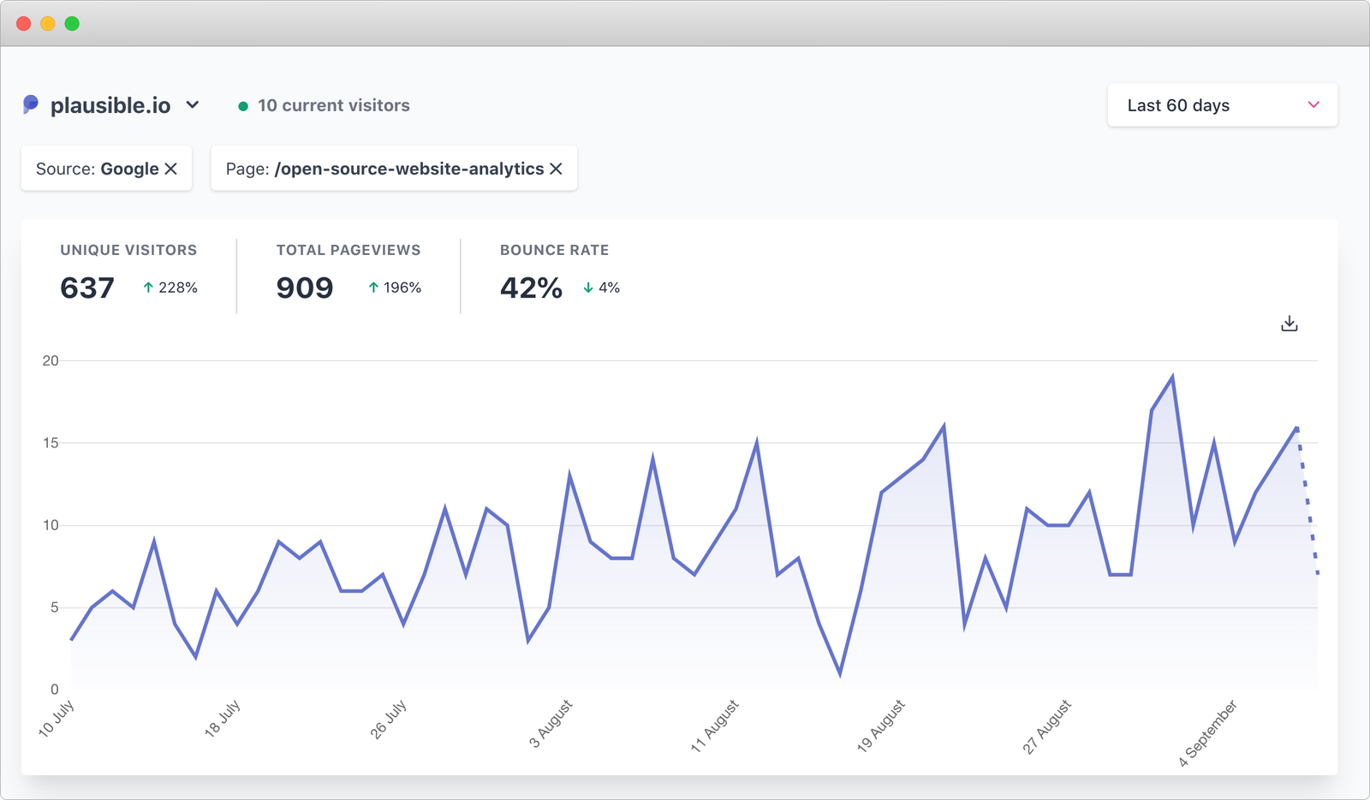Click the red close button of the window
(x=24, y=24)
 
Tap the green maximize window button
(x=72, y=24)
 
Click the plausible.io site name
(x=110, y=105)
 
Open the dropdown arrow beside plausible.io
(x=193, y=104)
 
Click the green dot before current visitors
(x=243, y=106)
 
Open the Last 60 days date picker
(x=1222, y=105)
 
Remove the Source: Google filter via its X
(x=171, y=169)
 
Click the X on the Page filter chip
(x=556, y=169)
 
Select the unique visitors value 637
(x=86, y=288)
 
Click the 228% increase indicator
(x=170, y=287)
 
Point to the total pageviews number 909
(x=304, y=288)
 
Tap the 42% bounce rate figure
(x=531, y=288)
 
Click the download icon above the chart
(x=1289, y=323)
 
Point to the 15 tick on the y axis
(x=51, y=443)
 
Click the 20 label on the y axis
(x=51, y=361)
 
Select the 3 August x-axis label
(x=551, y=724)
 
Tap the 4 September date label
(x=1207, y=732)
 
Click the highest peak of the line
(x=1172, y=376)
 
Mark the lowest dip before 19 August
(x=840, y=673)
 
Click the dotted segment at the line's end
(x=1307, y=501)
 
